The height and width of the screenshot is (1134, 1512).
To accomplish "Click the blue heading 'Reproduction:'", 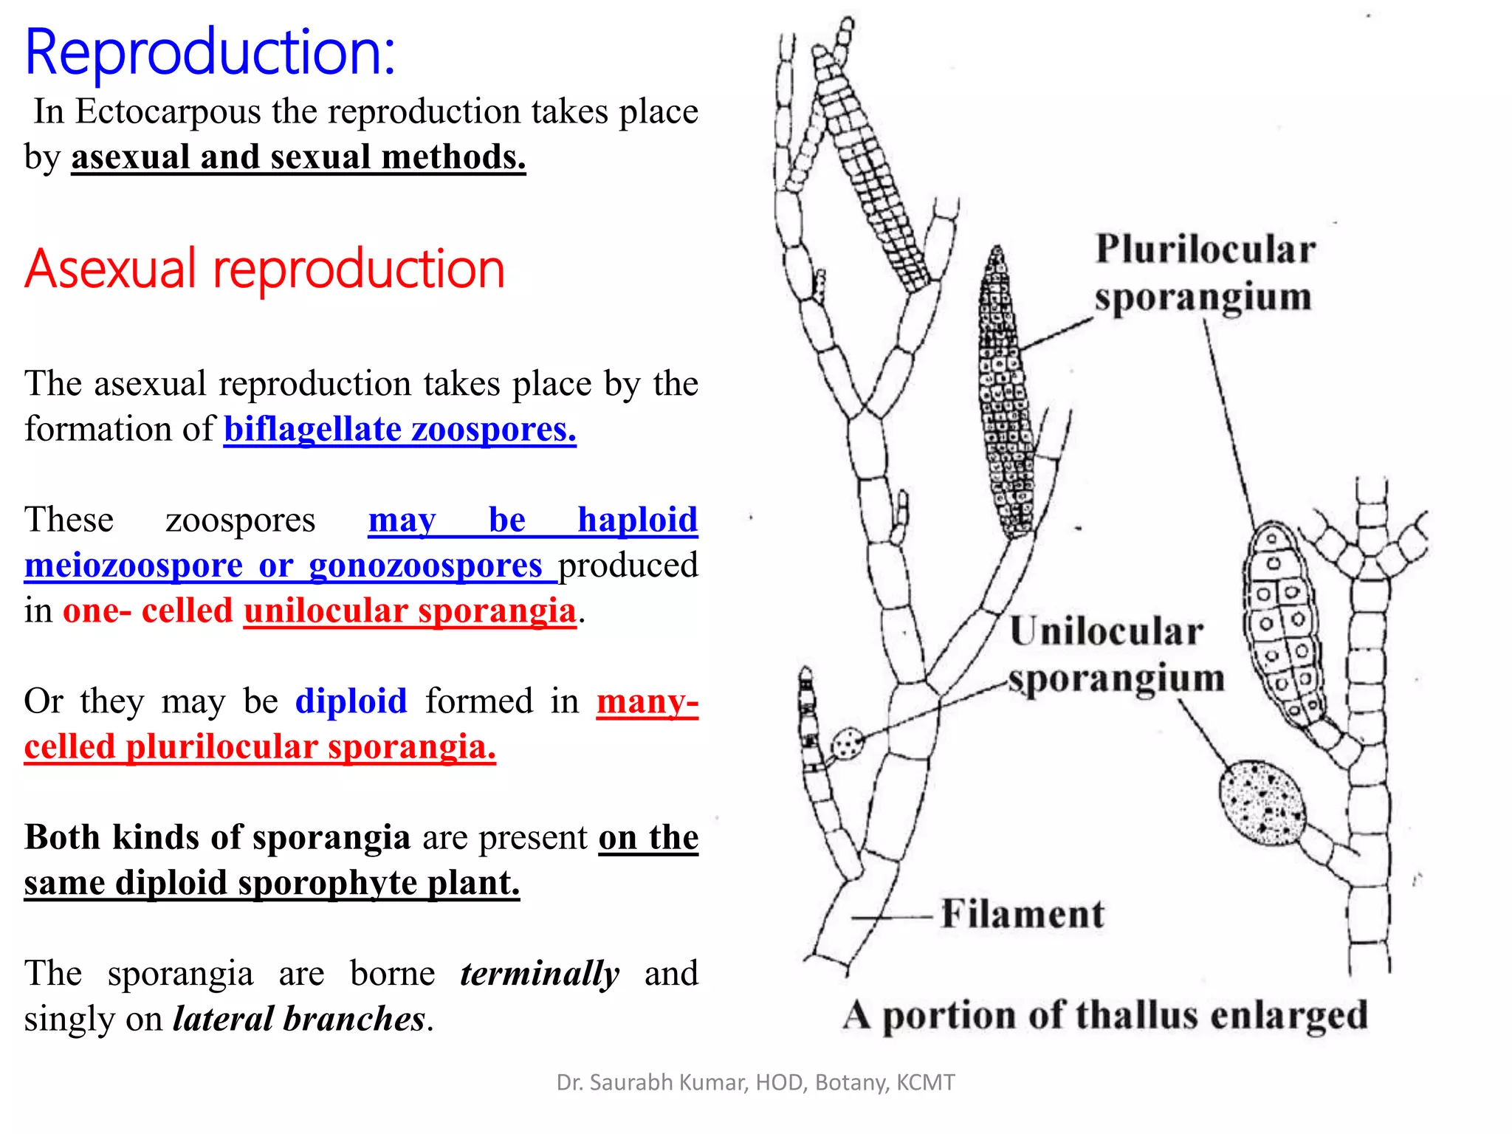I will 210,52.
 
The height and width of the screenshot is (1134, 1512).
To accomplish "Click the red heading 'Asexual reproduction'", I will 264,269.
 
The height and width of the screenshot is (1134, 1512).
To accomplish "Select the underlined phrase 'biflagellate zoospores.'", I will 399,429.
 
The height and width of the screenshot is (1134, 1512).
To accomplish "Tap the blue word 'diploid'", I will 351,701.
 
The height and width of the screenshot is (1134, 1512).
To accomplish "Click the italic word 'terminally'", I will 540,973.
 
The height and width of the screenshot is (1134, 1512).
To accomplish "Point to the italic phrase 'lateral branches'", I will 299,1019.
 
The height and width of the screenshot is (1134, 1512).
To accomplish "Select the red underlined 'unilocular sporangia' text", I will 410,611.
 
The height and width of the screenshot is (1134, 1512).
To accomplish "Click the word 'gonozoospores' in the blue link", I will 426,566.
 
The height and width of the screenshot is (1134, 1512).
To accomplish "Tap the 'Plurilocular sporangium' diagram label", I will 1205,272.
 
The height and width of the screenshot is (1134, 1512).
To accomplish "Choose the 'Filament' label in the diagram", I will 1023,914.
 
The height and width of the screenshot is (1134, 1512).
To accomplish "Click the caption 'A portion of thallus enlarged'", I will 1105,1015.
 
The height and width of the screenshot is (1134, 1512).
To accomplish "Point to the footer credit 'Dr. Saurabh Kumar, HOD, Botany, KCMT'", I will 755,1082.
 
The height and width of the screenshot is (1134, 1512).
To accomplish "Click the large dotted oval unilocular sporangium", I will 1261,803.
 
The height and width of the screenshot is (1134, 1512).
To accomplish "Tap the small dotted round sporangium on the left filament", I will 847,743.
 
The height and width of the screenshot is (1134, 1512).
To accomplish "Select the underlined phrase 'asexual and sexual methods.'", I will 298,157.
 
